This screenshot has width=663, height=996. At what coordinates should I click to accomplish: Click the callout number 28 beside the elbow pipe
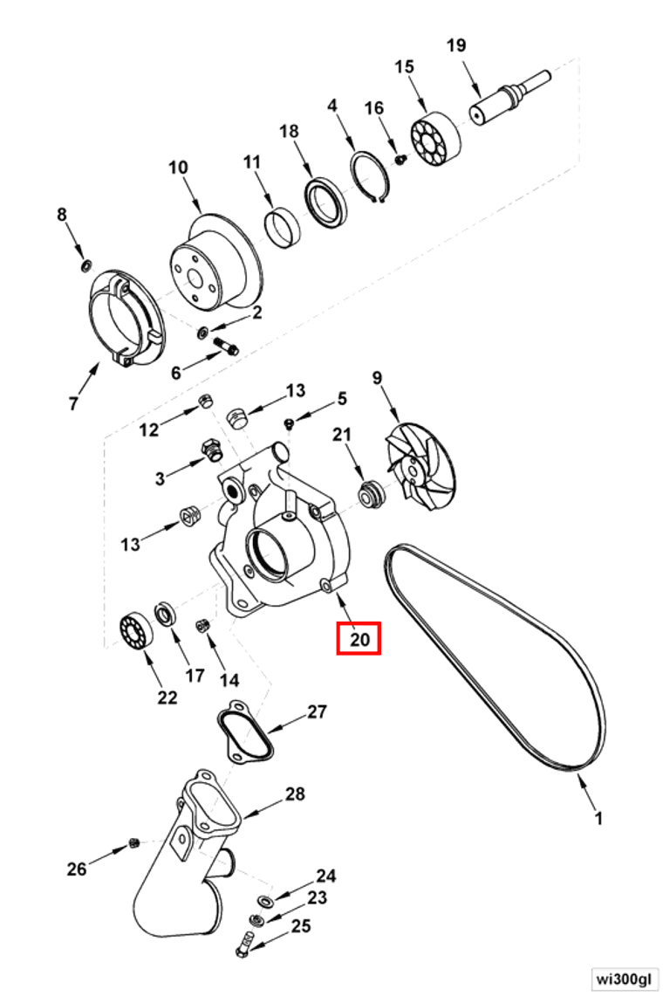tap(295, 794)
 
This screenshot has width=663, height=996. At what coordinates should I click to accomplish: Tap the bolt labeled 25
tap(245, 942)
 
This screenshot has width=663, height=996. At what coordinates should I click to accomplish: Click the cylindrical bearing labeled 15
tap(434, 140)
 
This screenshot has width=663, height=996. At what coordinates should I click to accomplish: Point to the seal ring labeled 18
tap(326, 203)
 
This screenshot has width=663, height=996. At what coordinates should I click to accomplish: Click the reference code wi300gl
tap(622, 978)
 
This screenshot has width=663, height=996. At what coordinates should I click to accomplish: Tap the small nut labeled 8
tap(85, 264)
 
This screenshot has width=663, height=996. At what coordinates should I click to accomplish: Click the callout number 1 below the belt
tap(598, 819)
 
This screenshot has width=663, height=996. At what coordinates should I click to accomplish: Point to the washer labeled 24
tap(263, 900)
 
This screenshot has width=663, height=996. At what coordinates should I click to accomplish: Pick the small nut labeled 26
tap(134, 842)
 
